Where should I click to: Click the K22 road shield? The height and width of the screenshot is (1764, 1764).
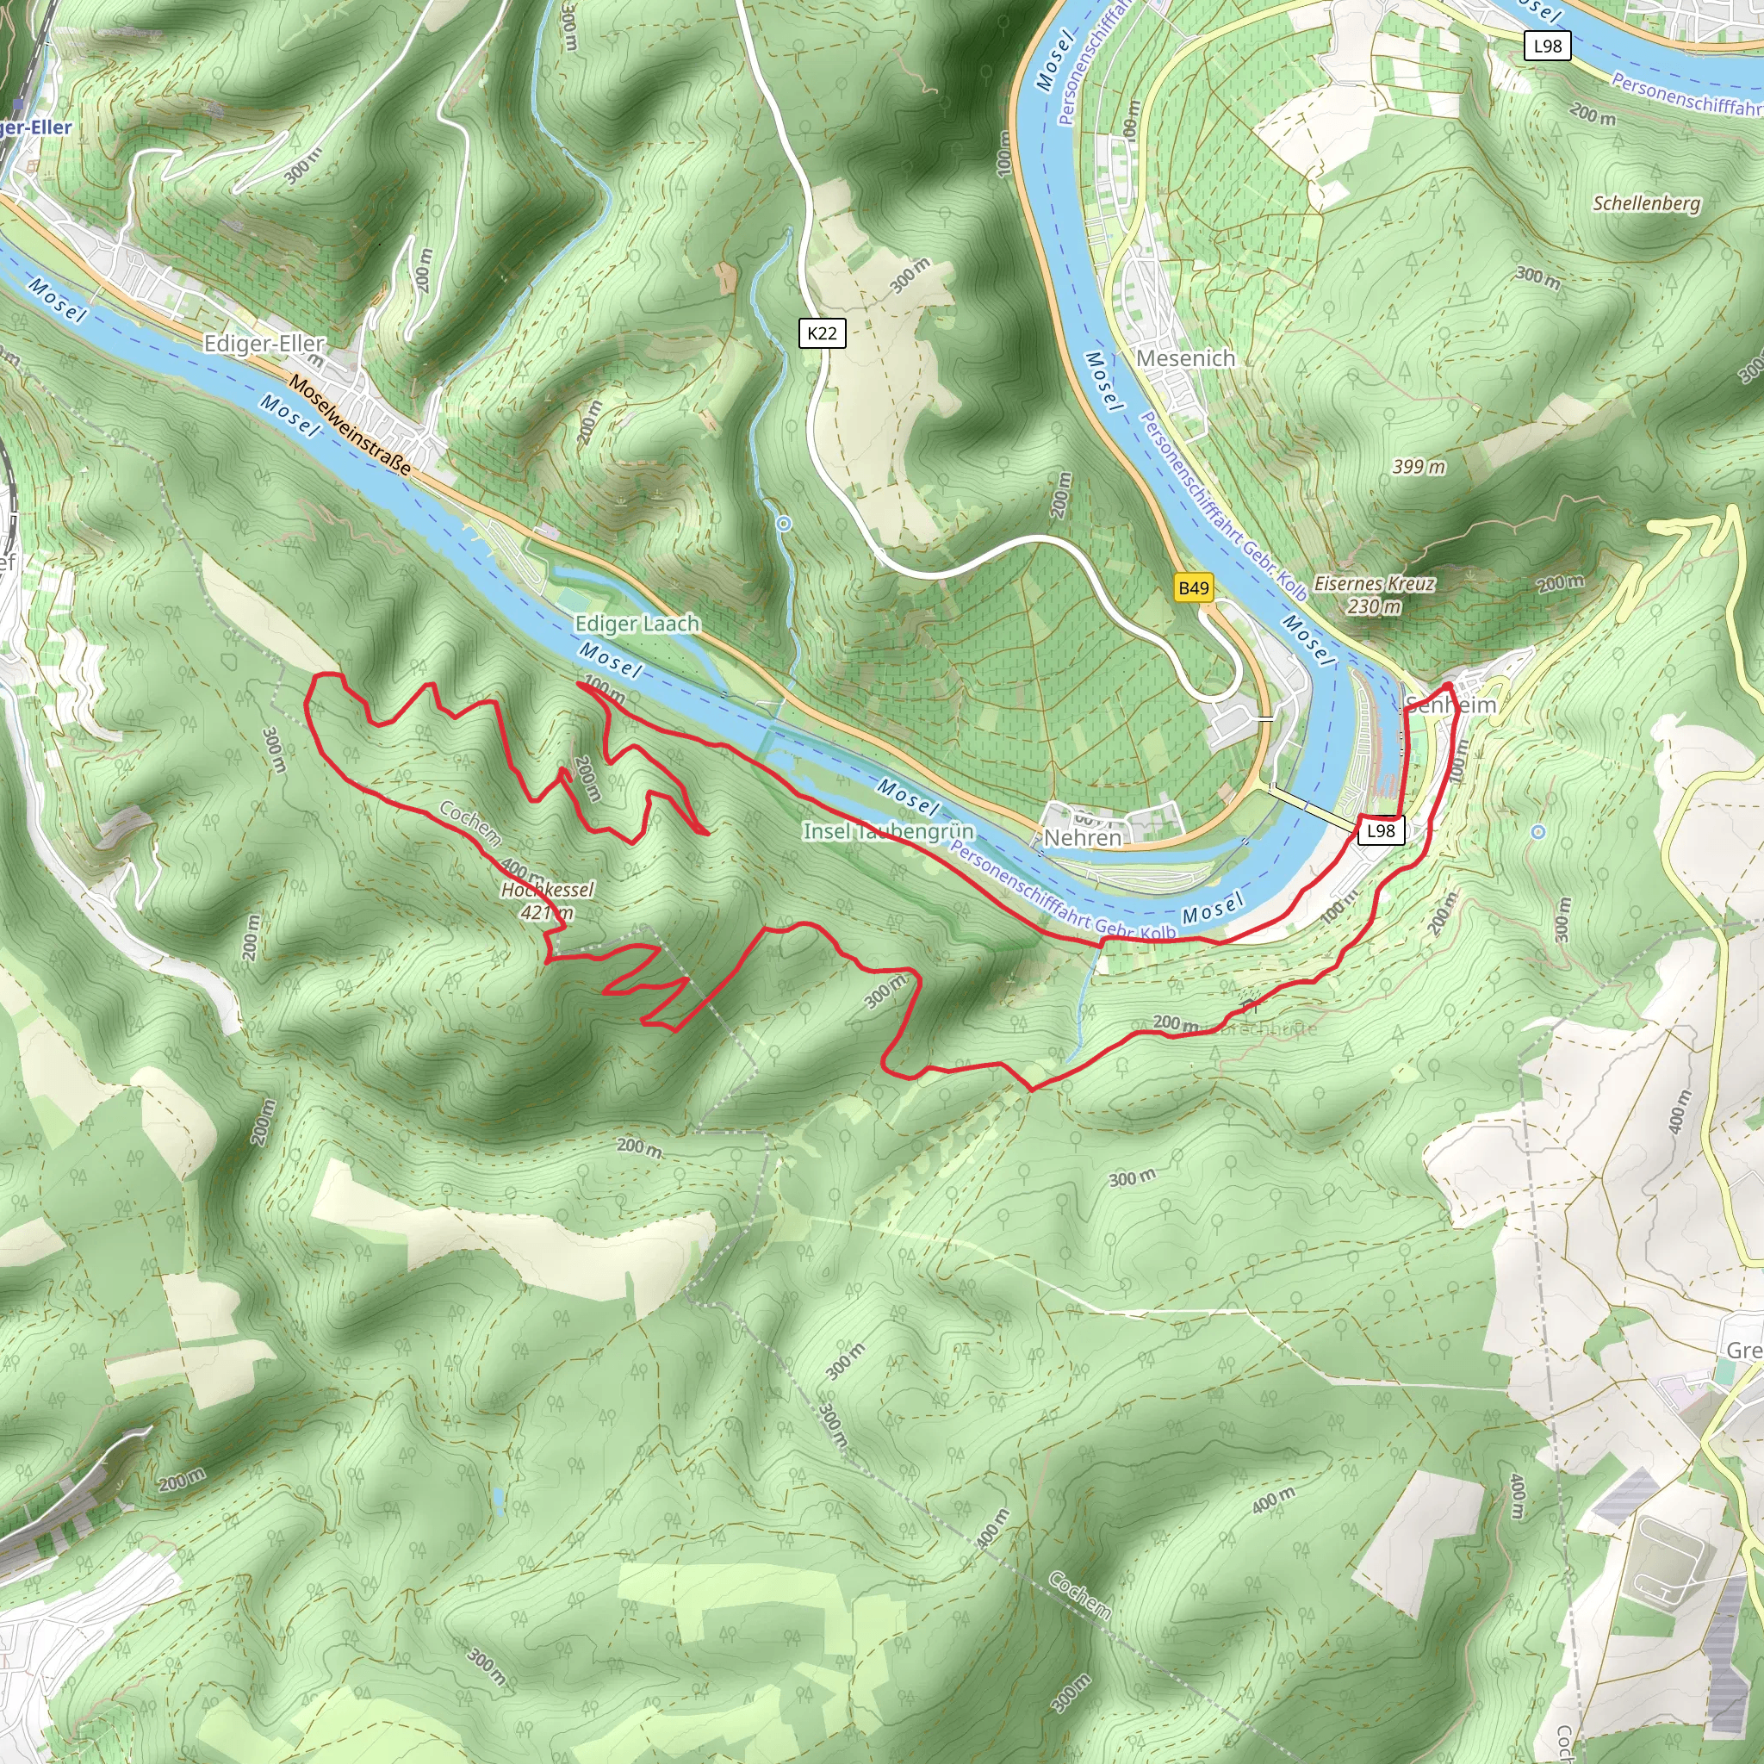point(822,333)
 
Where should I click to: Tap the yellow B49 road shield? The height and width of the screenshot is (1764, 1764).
point(1193,588)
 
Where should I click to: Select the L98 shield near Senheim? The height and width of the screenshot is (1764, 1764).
point(1381,830)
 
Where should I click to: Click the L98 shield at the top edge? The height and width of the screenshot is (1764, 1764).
point(1548,46)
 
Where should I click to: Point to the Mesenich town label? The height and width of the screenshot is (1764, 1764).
point(1185,359)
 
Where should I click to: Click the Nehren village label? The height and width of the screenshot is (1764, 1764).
point(1082,837)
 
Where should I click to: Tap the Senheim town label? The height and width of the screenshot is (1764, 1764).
point(1450,705)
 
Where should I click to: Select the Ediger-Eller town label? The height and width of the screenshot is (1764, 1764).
point(264,344)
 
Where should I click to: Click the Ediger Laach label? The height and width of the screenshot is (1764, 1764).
point(637,624)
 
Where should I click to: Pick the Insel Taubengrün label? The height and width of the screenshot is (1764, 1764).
point(888,831)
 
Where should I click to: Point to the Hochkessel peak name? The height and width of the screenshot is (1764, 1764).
point(548,889)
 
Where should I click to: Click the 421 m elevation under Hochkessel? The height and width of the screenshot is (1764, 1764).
point(547,912)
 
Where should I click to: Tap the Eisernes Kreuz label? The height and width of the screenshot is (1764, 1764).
point(1374,583)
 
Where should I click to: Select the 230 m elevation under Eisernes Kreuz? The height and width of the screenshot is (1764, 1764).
point(1374,606)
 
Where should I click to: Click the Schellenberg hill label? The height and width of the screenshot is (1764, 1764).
point(1646,203)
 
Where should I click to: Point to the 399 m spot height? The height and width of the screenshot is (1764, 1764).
point(1419,467)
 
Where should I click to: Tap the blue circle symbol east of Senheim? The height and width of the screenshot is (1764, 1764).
point(1538,832)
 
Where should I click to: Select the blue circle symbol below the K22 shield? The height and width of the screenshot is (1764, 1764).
point(784,524)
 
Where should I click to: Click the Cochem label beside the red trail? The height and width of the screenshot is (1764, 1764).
point(470,822)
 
